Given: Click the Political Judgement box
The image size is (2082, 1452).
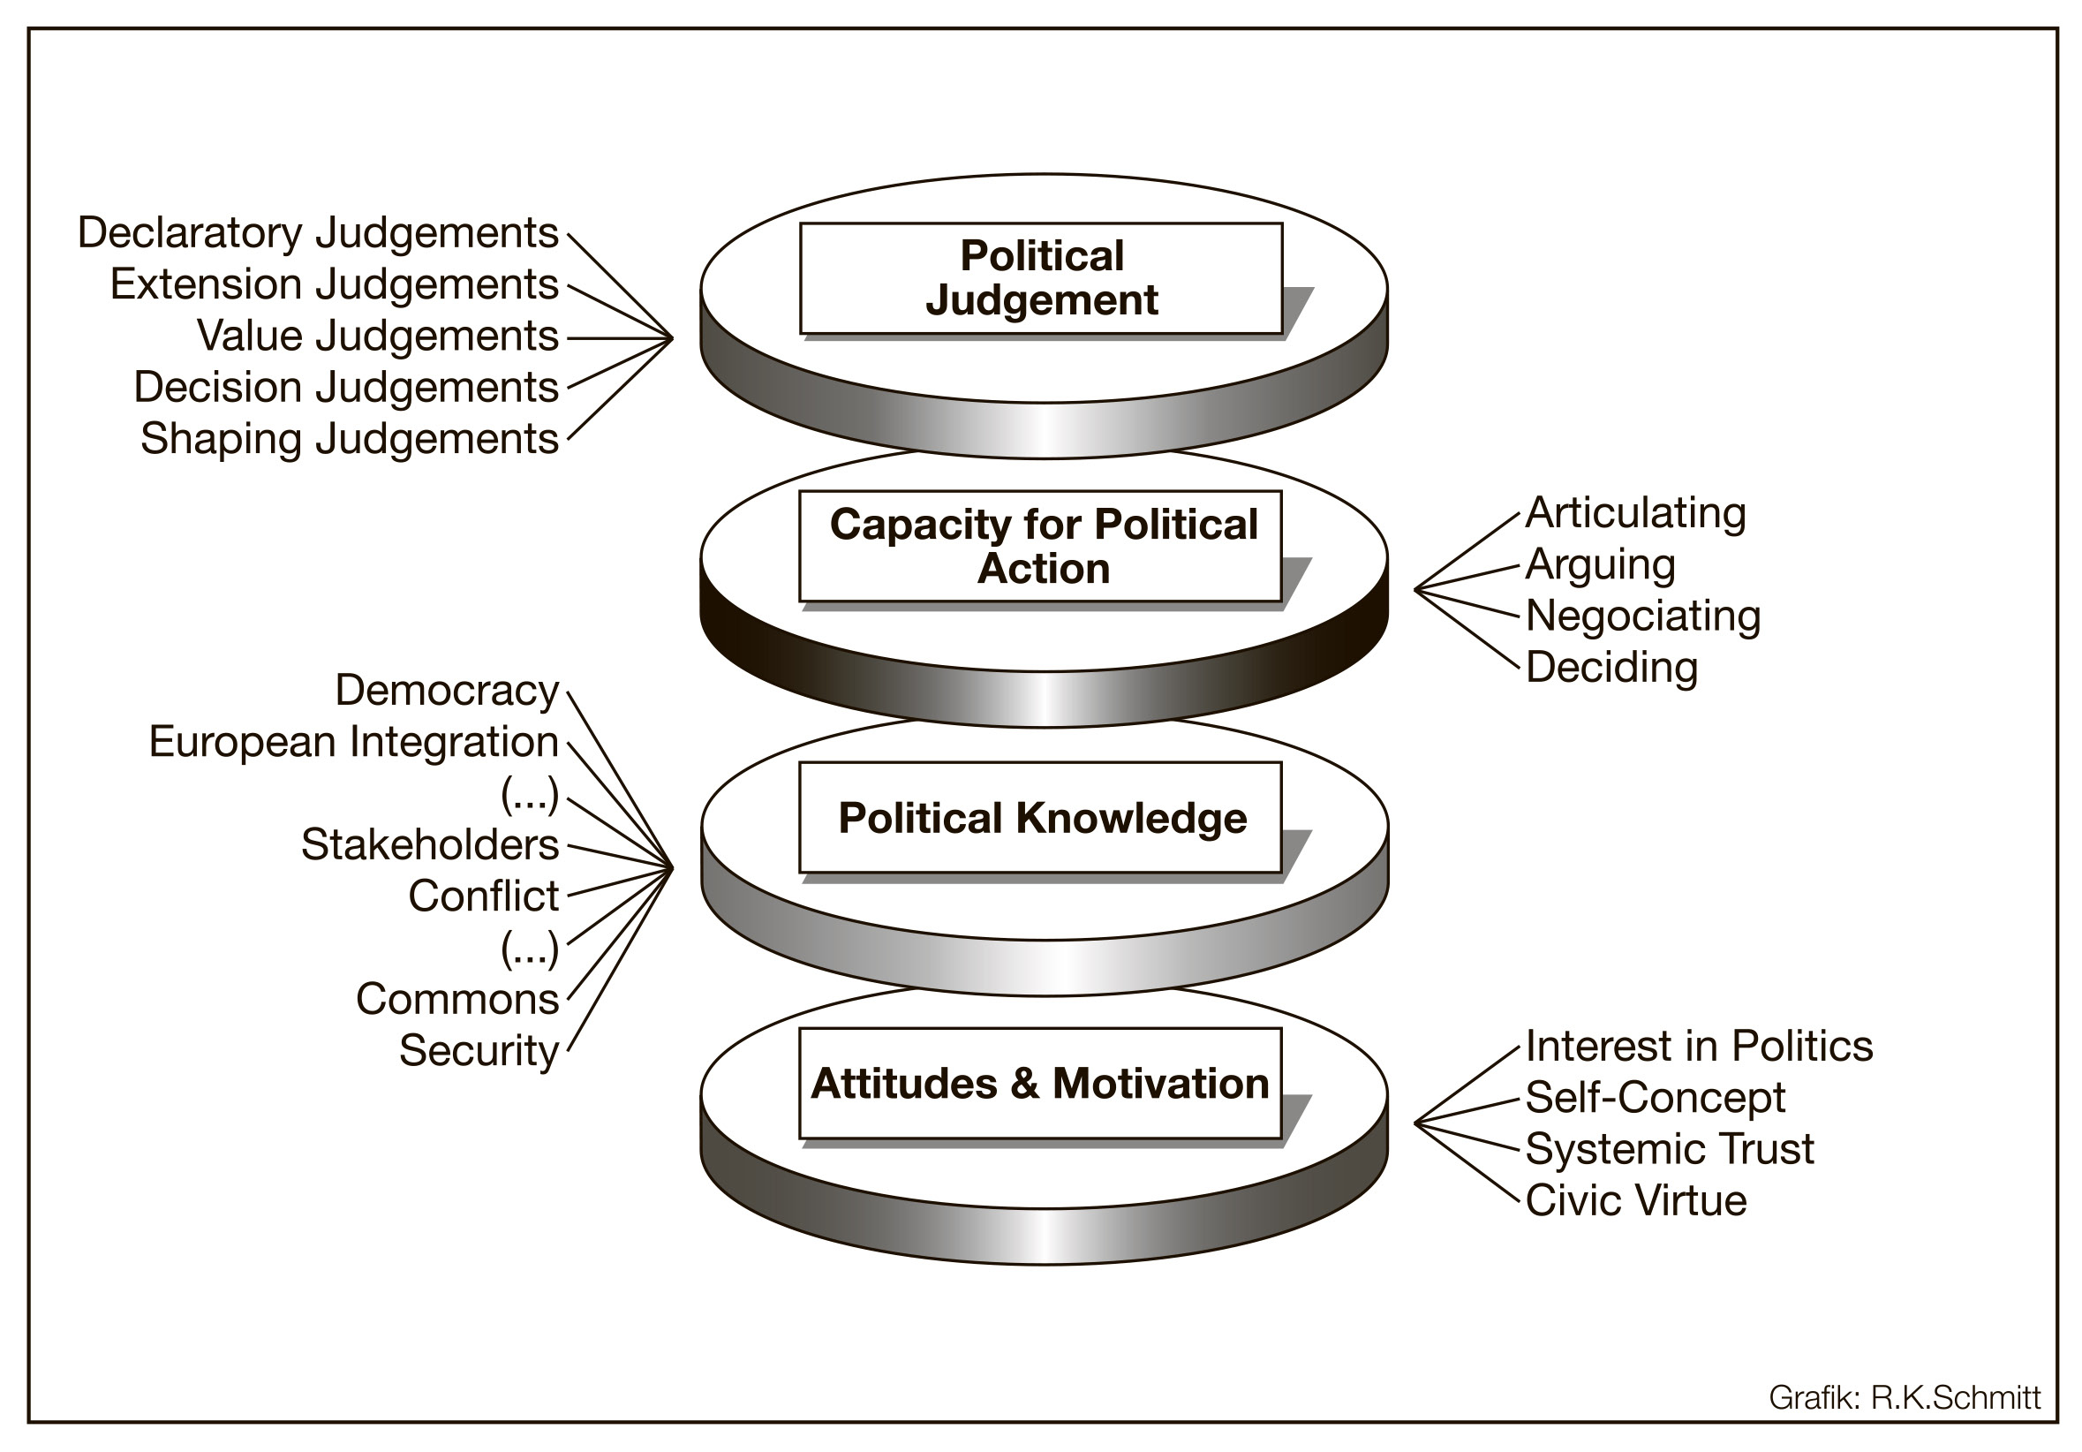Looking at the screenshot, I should pyautogui.click(x=1041, y=278).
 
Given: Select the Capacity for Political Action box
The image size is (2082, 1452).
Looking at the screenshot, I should pyautogui.click(x=1041, y=546).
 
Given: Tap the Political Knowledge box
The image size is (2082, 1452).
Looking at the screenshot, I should pyautogui.click(x=1041, y=817).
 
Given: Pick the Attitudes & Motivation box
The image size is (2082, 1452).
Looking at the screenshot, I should pyautogui.click(x=1041, y=1083).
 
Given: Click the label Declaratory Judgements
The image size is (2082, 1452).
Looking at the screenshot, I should pyautogui.click(x=317, y=233).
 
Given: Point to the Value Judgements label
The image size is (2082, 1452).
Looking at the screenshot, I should pyautogui.click(x=377, y=337).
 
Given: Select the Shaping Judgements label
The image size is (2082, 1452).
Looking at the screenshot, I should pyautogui.click(x=349, y=439).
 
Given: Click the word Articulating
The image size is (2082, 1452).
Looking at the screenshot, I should pyautogui.click(x=1635, y=513).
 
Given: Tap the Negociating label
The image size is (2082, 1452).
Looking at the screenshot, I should pyautogui.click(x=1642, y=616).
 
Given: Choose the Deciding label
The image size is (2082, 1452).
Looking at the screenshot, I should pyautogui.click(x=1611, y=668).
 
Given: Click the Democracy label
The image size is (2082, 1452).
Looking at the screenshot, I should pyautogui.click(x=447, y=691).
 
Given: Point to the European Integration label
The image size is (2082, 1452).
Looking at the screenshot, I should pyautogui.click(x=354, y=742).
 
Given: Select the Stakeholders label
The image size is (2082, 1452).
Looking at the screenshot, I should pyautogui.click(x=430, y=845).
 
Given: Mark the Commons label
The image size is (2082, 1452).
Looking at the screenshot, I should pyautogui.click(x=457, y=1000).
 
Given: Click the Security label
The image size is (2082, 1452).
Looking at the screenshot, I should pyautogui.click(x=479, y=1051).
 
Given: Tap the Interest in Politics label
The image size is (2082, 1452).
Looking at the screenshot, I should pyautogui.click(x=1699, y=1047).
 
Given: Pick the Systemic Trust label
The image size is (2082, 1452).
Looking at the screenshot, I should pyautogui.click(x=1670, y=1149).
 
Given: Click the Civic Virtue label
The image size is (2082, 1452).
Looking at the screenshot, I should pyautogui.click(x=1636, y=1201).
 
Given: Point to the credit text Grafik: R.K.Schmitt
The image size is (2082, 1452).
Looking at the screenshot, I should pyautogui.click(x=1905, y=1397).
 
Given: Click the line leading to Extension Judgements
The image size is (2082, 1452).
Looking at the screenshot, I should pyautogui.click(x=619, y=312).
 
